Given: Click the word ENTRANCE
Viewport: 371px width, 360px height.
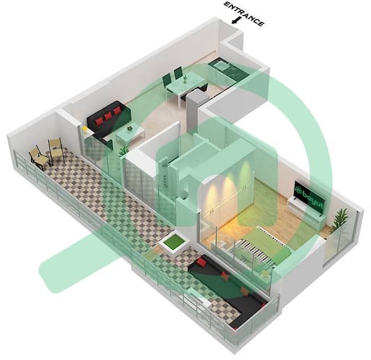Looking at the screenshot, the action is pos(244,14).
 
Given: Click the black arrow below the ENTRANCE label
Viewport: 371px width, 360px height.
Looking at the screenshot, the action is pos(235,20).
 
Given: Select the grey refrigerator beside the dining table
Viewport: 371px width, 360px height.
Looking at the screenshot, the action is pos(192,111).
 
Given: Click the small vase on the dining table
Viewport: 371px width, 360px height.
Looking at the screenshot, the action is pos(185,79).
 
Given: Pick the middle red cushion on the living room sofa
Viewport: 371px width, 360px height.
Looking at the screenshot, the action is pos(108,116).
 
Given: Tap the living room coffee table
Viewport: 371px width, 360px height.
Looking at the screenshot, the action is pos(130,134).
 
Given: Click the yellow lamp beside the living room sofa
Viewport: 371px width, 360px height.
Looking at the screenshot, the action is pos(85,129).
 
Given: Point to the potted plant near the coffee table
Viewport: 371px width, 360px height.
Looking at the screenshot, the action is pos(124,150).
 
